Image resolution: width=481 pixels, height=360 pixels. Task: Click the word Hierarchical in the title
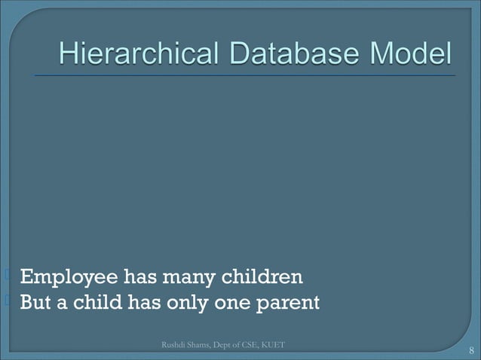coord(136,55)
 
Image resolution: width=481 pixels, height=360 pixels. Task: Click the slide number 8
coord(470,350)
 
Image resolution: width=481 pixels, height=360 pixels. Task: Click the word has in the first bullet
coord(138,278)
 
